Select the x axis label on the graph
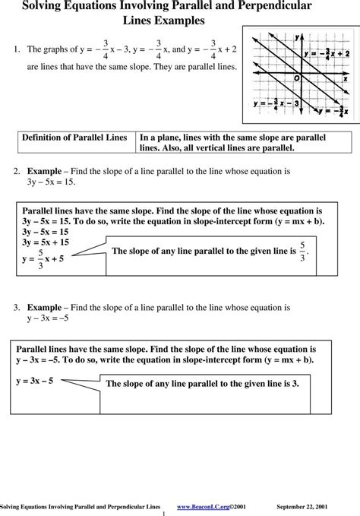(345, 78)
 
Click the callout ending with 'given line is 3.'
(201, 385)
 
